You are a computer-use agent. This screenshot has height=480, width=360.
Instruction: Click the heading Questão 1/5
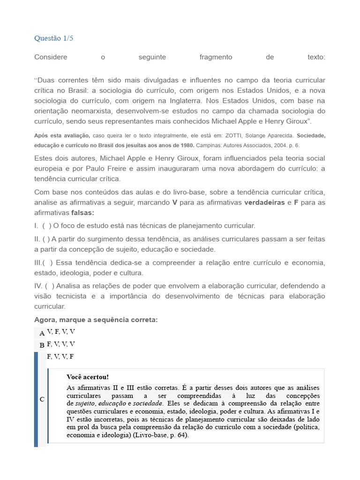point(54,38)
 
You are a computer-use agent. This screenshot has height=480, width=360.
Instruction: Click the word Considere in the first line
point(51,57)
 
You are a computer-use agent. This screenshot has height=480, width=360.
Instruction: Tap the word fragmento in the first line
point(216,57)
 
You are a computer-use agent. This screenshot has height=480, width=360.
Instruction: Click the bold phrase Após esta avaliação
point(62,135)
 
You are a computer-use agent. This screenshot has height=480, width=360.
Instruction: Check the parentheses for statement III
point(48,262)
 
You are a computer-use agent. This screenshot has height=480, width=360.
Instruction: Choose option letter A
point(42,333)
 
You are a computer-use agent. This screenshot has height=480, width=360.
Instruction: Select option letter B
point(42,345)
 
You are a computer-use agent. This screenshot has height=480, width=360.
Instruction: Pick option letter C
point(42,399)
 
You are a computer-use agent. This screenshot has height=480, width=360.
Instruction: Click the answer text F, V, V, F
point(60,357)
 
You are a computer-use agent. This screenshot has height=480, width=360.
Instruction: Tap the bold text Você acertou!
point(88,377)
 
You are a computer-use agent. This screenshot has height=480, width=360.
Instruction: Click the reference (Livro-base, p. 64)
point(161,435)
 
